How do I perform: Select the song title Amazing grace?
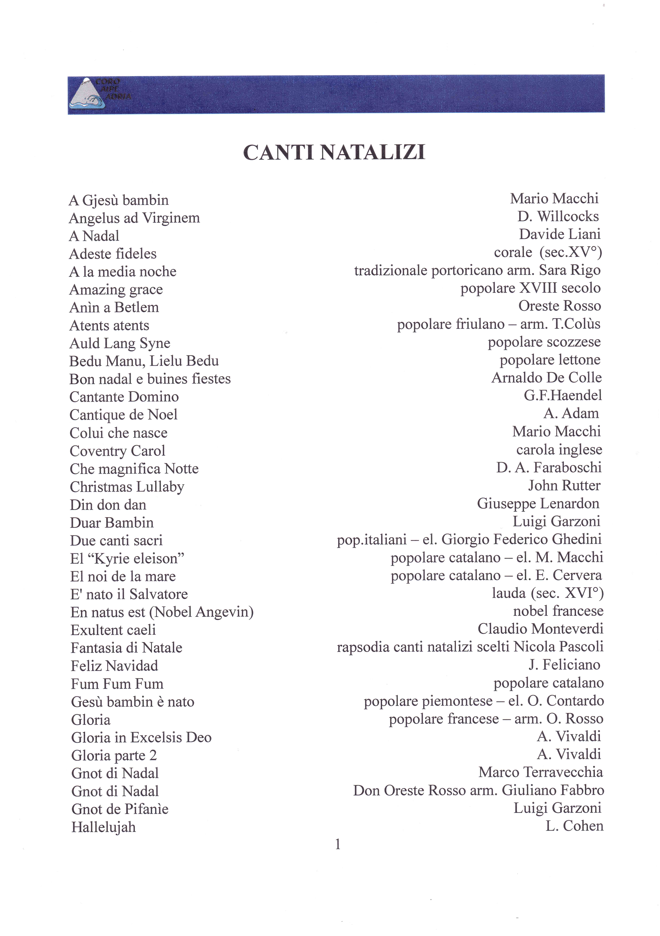click(116, 289)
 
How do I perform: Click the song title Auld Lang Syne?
click(120, 343)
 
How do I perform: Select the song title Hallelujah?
click(103, 827)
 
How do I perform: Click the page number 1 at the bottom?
click(338, 844)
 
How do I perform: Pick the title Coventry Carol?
click(117, 451)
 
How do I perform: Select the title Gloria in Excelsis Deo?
click(141, 738)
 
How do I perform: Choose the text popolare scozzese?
click(544, 342)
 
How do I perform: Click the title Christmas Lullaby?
click(127, 487)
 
